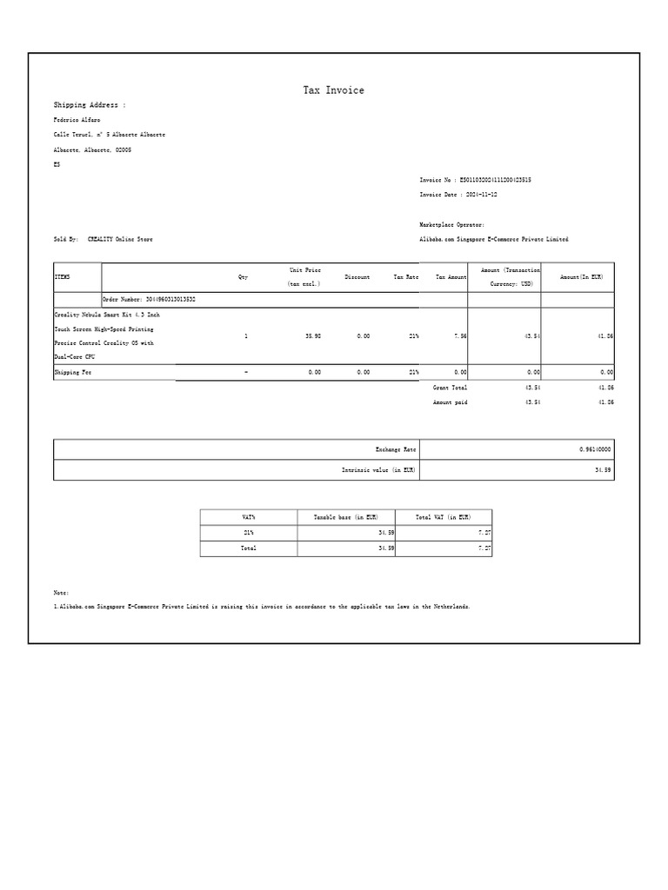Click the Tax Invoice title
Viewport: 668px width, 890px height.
coord(333,90)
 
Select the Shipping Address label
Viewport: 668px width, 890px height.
coord(90,105)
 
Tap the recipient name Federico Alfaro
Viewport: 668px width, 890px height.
coord(77,120)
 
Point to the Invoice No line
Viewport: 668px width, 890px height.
coord(475,180)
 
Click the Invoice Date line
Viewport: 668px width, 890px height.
coord(458,195)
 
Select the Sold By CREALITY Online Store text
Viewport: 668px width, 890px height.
coord(103,239)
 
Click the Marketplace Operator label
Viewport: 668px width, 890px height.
coord(452,224)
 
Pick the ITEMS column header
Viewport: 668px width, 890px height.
coord(62,277)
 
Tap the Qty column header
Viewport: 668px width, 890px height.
coord(244,277)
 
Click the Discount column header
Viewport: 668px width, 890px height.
coord(357,277)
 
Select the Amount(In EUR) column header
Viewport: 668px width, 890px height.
coord(581,277)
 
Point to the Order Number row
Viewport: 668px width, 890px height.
coord(149,299)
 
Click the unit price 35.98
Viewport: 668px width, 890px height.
coord(313,335)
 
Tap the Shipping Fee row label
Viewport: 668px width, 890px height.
coord(73,372)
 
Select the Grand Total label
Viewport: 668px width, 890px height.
coord(450,387)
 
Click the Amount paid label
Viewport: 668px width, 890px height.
coord(450,402)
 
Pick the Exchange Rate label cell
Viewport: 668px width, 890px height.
coord(396,449)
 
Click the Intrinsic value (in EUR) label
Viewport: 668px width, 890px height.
coord(378,470)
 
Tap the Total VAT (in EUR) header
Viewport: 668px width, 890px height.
coord(444,517)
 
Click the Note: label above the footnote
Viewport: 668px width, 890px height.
coord(61,592)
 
